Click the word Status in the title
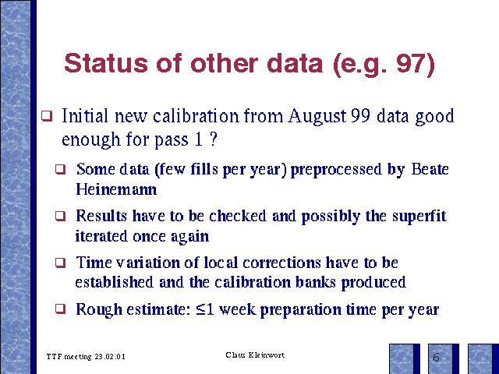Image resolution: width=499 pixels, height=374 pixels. pos(106,63)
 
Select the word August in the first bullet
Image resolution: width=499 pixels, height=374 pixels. pos(317,116)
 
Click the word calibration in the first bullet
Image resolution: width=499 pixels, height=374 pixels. pos(196,116)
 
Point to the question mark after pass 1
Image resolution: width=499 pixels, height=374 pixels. pos(214,139)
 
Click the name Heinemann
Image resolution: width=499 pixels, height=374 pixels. pos(116,189)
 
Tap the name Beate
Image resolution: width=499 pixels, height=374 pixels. pos(430,169)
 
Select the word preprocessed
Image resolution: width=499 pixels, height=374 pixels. pos(336,170)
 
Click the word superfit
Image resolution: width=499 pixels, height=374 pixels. pos(419,217)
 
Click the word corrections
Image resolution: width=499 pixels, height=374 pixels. pos(281,263)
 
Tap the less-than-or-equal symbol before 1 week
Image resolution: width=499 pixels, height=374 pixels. pos(200,309)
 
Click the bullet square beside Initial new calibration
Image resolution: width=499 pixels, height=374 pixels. pos(47,116)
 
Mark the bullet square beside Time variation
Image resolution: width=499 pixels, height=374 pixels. pos(60,263)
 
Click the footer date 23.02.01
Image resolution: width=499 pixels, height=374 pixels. pos(110,357)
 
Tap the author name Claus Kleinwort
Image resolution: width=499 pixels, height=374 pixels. pos(255,355)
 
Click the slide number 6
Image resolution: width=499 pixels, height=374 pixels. pos(437,358)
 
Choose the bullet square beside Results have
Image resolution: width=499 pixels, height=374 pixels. pos(60,217)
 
